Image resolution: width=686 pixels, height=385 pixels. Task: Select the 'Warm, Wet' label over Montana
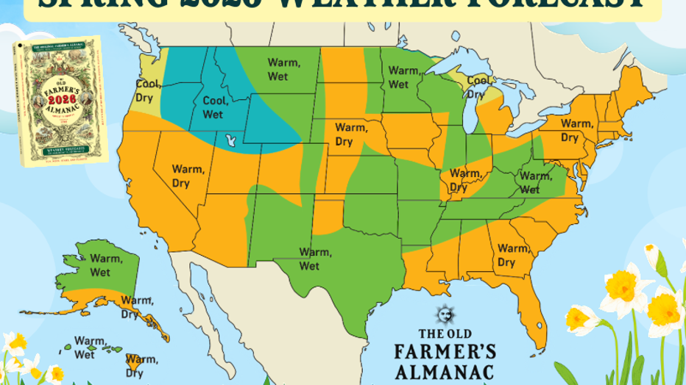click(x=283, y=70)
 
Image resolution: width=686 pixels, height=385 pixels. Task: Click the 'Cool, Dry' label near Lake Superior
click(x=478, y=87)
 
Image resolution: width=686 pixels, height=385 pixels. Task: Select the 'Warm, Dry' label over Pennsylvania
click(x=576, y=130)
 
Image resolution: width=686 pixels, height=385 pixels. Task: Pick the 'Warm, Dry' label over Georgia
click(x=512, y=256)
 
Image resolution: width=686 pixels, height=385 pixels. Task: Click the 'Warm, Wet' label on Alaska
click(x=105, y=265)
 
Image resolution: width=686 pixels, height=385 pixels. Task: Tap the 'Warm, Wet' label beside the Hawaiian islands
click(x=90, y=348)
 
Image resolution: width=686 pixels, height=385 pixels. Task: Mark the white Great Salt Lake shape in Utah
click(x=233, y=139)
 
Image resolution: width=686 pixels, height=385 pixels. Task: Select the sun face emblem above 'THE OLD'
click(x=444, y=314)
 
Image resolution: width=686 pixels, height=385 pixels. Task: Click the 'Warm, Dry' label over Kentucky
click(x=464, y=180)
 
